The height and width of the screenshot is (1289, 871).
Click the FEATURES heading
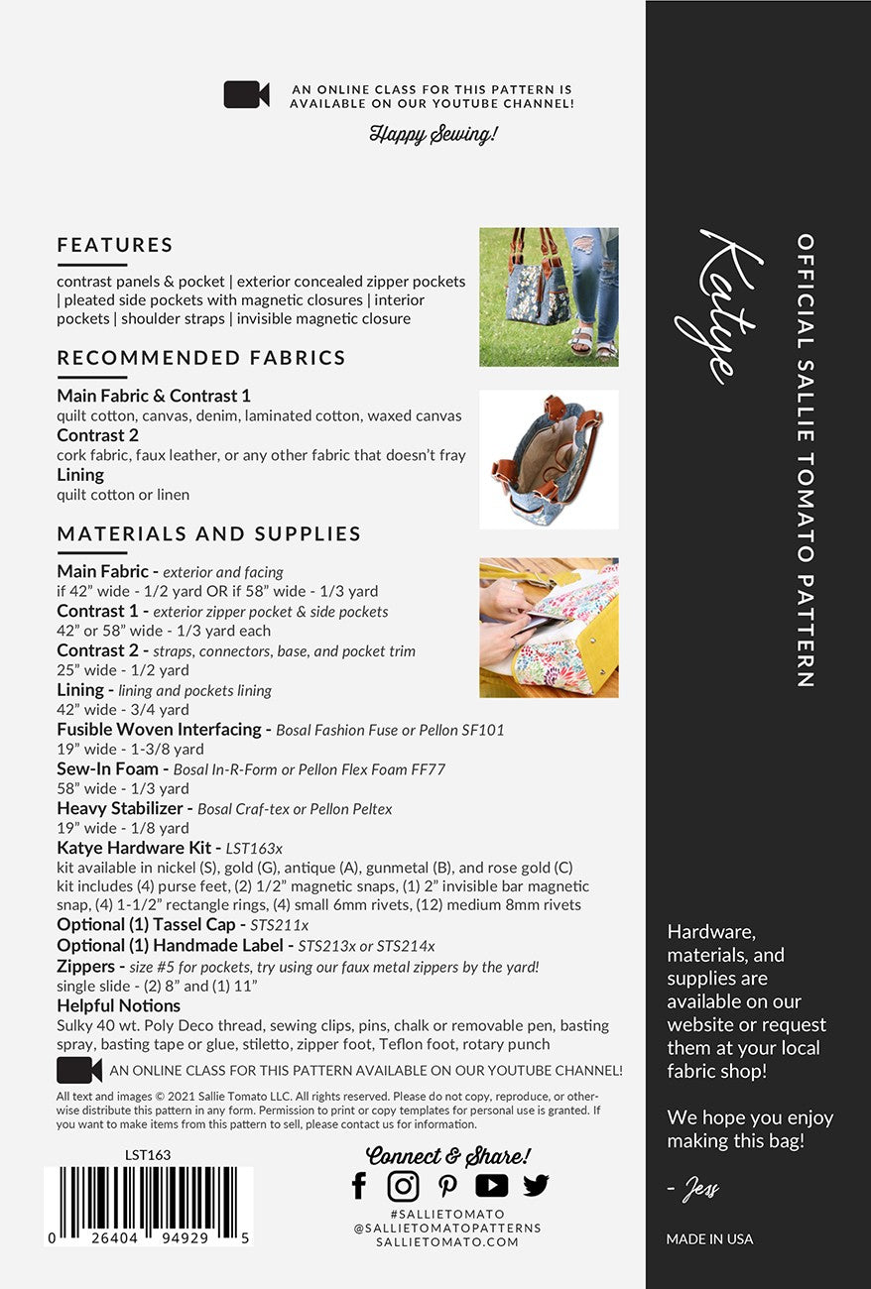coord(115,245)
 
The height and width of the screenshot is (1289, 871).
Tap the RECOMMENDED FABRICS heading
coord(201,358)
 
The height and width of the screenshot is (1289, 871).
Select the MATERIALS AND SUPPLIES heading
coord(208,533)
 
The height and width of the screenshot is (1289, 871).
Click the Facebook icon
coord(359,1185)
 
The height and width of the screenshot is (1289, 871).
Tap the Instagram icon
coord(403,1185)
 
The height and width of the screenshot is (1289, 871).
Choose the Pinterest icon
coord(447,1186)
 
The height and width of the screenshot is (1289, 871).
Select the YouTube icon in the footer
coord(491,1185)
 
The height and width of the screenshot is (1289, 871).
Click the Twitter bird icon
coord(536,1185)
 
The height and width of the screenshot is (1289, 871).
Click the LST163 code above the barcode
coord(148,1155)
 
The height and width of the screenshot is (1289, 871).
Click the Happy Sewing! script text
coord(434,134)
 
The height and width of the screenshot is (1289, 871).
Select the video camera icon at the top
coord(247,95)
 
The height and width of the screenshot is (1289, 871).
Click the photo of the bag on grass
coord(549,296)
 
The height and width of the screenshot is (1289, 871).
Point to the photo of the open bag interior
coord(549,459)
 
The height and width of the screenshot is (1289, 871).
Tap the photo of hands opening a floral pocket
coord(549,628)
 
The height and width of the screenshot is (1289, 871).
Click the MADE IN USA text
coord(709,1238)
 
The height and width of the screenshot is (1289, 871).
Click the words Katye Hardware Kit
coord(146,848)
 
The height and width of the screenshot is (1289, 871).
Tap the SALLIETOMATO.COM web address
coord(447,1241)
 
